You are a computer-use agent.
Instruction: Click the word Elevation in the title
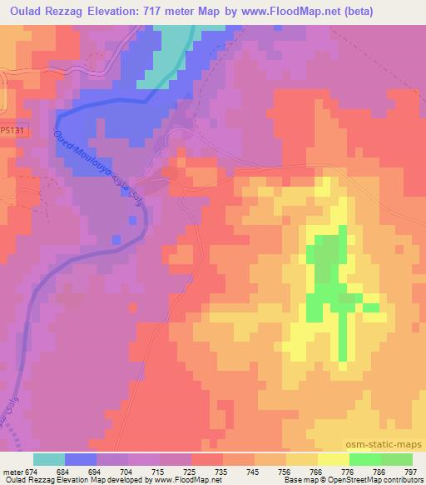125,12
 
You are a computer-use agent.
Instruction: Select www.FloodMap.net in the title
274,12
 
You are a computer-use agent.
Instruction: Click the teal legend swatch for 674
49,459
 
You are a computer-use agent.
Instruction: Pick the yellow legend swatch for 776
334,459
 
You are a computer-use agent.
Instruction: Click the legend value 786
379,471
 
